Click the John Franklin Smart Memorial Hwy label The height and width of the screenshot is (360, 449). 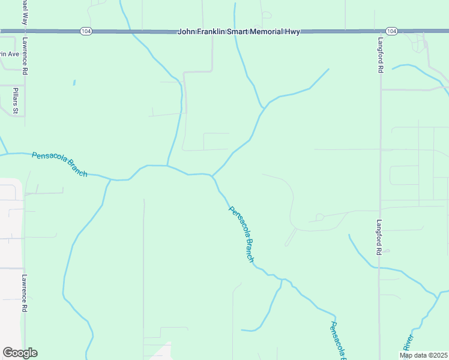tap(238, 31)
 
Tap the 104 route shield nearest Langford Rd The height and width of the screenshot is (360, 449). tap(391, 31)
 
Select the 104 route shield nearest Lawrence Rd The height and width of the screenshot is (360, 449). tap(86, 31)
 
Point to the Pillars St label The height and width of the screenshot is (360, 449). tap(16, 100)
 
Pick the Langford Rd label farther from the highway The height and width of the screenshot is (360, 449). tap(379, 237)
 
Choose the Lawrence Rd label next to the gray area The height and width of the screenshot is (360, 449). tap(25, 293)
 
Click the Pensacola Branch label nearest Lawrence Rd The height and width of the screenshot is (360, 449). tap(59, 164)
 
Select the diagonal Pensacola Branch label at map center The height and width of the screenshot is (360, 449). tap(241, 234)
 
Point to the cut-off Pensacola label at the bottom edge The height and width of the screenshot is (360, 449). tap(337, 340)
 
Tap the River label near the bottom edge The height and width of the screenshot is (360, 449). tap(408, 343)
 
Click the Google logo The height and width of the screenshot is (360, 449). tap(20, 353)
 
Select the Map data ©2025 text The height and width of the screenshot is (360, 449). tap(424, 355)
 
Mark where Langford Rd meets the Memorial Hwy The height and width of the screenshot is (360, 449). tap(380, 31)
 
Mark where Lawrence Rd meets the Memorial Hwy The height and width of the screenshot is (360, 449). tap(25, 31)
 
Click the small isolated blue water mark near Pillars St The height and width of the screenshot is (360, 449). tap(74, 83)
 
